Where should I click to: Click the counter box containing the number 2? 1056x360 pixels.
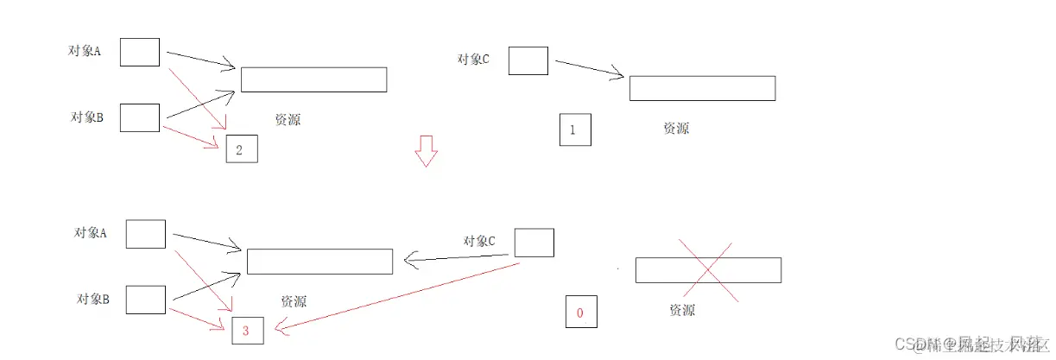pyautogui.click(x=242, y=150)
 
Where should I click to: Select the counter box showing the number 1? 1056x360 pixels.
pyautogui.click(x=575, y=130)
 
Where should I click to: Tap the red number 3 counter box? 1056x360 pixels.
pyautogui.click(x=247, y=331)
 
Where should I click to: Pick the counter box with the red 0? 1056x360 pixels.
pyautogui.click(x=580, y=312)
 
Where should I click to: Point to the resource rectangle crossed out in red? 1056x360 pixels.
pyautogui.click(x=708, y=270)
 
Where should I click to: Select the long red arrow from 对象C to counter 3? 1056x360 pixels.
pyautogui.click(x=397, y=294)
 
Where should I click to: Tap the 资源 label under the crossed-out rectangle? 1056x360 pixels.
pyautogui.click(x=682, y=310)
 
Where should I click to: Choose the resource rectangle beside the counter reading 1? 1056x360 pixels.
pyautogui.click(x=702, y=88)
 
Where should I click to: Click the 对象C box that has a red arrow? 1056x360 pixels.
pyautogui.click(x=534, y=243)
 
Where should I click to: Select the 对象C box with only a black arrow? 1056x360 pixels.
pyautogui.click(x=528, y=60)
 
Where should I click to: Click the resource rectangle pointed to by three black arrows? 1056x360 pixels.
pyautogui.click(x=319, y=262)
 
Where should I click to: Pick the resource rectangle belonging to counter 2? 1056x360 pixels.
pyautogui.click(x=313, y=79)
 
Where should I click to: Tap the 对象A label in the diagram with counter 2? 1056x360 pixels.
pyautogui.click(x=85, y=50)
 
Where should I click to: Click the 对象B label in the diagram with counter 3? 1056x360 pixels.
pyautogui.click(x=91, y=299)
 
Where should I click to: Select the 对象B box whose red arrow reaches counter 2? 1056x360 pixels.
pyautogui.click(x=139, y=117)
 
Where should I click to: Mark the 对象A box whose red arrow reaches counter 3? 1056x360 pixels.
pyautogui.click(x=145, y=234)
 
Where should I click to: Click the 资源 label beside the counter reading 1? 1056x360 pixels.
pyautogui.click(x=676, y=128)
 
